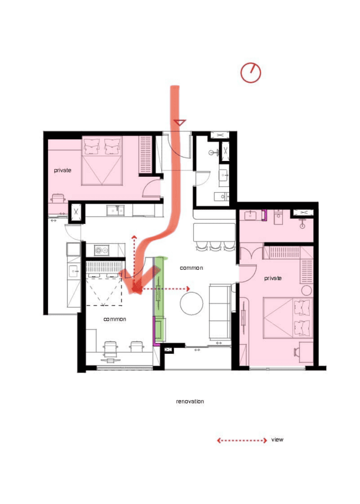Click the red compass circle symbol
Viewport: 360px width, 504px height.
250,73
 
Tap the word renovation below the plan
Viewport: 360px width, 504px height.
190,402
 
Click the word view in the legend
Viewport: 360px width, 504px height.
277,440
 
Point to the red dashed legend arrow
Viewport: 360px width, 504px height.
242,441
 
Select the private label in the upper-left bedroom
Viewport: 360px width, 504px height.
62,170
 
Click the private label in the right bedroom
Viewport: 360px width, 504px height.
273,279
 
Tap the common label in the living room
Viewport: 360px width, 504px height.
191,268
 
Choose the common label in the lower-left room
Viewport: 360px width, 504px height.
115,319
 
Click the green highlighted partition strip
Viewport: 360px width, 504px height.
159,298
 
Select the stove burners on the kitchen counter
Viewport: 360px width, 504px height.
101,250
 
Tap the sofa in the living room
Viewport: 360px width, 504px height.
220,312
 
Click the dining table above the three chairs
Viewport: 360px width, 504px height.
214,233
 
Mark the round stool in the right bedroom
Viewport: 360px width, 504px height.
307,290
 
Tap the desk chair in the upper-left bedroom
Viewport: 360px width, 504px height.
58,198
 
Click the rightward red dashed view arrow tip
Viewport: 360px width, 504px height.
189,288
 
